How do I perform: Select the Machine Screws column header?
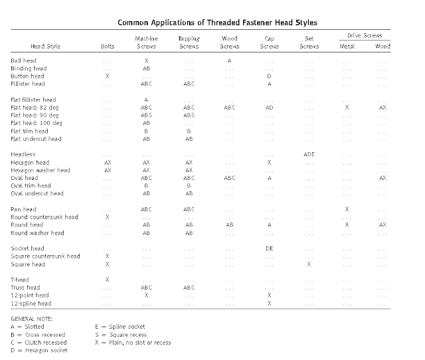tap(146, 43)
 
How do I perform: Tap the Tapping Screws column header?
tap(189, 43)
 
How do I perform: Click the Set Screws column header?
tap(309, 43)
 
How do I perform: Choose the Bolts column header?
tap(107, 46)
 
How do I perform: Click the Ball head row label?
tap(25, 60)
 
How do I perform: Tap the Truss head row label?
tap(27, 287)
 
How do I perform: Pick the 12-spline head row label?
tap(31, 303)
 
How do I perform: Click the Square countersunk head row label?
tap(45, 256)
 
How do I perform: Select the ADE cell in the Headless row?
tap(309, 154)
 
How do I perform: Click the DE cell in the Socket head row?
tap(269, 248)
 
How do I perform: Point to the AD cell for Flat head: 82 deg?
tap(269, 107)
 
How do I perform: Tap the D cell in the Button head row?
tap(269, 76)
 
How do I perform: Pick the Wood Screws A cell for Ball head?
tap(229, 60)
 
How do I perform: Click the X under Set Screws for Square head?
tap(309, 264)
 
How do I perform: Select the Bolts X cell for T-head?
tap(107, 279)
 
